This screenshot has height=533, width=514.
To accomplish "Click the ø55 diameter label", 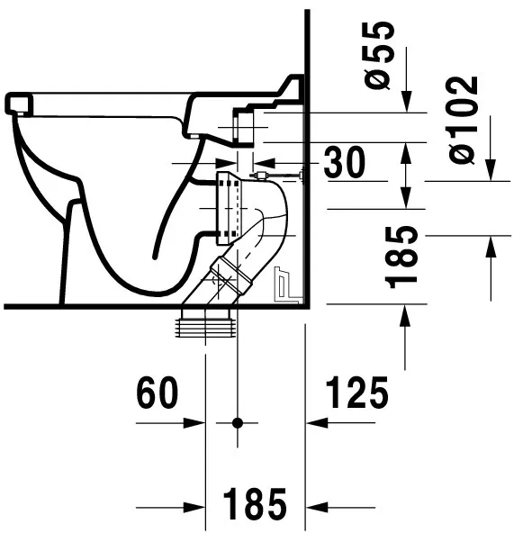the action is pos(378,56).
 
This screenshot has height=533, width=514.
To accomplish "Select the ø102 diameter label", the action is pos(463,121).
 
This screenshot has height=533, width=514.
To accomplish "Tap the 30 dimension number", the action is pos(345,162).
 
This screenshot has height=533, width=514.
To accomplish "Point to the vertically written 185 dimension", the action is pos(401,257).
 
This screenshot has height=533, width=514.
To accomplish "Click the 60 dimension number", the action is pos(157,393).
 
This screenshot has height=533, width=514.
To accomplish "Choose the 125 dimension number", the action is pos(357,393).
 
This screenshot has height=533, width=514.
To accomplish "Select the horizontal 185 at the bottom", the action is pos(255,504).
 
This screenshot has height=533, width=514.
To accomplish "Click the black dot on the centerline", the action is pos(238,423).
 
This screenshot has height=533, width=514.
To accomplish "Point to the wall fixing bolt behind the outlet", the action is pos(277,176).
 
